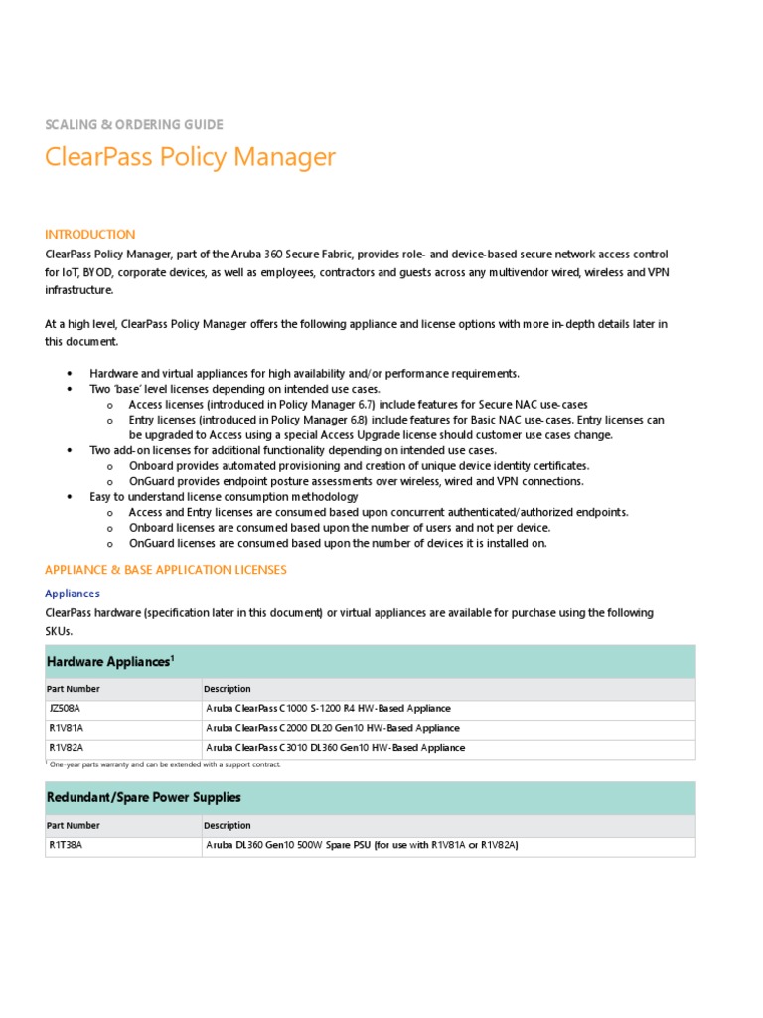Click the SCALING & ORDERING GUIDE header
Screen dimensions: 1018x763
click(134, 125)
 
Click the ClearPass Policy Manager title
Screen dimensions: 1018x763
click(191, 157)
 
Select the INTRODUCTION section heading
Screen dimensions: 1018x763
click(90, 235)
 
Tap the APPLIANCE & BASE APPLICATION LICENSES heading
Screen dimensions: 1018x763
click(166, 570)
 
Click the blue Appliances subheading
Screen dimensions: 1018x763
click(73, 594)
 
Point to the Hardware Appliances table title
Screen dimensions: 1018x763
click(110, 661)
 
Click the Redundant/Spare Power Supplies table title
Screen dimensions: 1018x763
click(144, 797)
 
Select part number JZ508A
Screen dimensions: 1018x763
click(65, 709)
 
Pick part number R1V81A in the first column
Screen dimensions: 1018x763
click(65, 728)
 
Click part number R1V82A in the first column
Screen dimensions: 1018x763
click(65, 747)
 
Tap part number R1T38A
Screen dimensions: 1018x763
click(65, 845)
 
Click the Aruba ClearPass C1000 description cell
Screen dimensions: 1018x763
click(328, 709)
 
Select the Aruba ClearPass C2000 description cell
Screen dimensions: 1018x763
click(333, 728)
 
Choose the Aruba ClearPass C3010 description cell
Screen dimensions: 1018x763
click(335, 747)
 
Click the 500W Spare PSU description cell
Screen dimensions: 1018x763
click(362, 845)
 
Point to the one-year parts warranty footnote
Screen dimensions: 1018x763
click(164, 764)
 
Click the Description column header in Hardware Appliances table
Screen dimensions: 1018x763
click(228, 689)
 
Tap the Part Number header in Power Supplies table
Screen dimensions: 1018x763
click(74, 825)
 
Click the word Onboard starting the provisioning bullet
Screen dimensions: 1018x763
click(151, 466)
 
